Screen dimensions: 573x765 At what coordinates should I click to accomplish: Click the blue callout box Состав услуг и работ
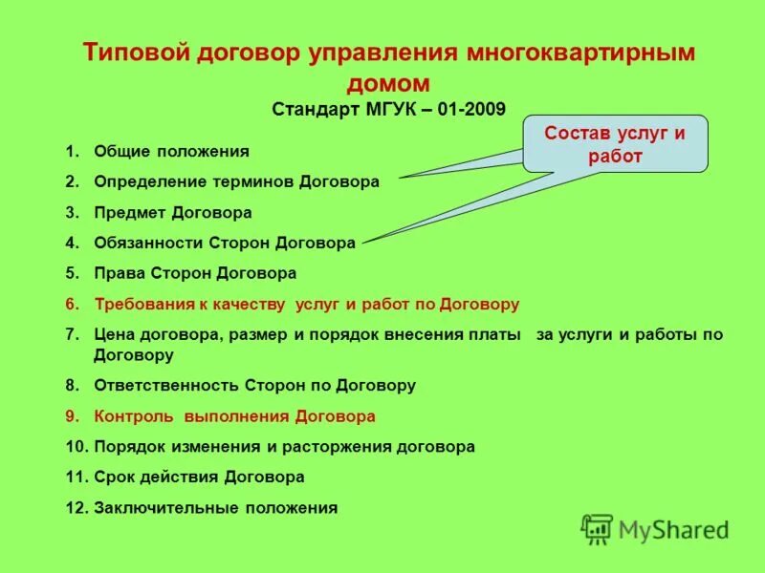(x=615, y=143)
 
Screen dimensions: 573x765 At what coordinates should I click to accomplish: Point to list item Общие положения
(x=171, y=151)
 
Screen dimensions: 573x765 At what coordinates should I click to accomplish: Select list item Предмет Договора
(x=173, y=212)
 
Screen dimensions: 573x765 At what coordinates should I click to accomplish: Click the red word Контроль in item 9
(x=134, y=416)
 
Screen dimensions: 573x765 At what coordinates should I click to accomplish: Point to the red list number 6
(x=72, y=305)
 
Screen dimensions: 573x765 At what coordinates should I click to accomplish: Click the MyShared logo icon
(x=597, y=528)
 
